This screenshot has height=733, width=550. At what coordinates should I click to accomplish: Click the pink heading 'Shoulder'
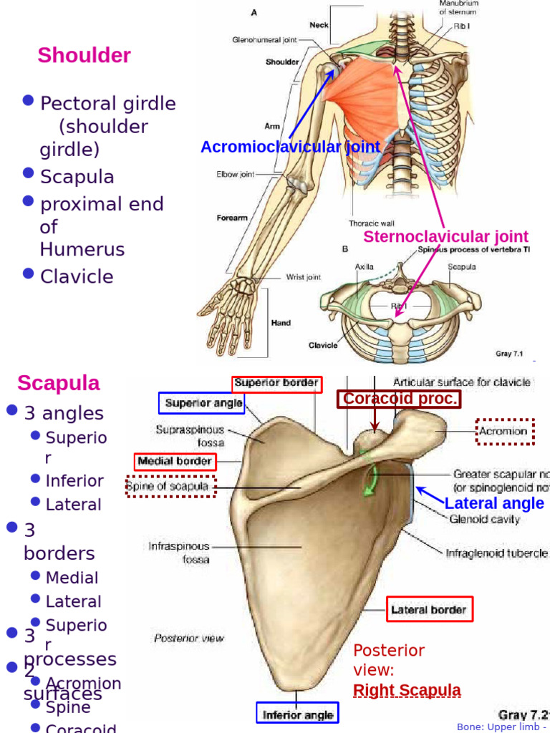84,55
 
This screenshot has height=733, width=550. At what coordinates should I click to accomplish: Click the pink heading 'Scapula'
59,383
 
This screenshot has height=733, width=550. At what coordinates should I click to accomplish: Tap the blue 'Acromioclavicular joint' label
290,147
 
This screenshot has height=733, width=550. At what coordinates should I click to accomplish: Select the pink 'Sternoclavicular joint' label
445,236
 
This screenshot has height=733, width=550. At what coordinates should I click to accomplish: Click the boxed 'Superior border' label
276,383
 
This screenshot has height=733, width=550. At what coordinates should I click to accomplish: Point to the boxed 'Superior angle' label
201,403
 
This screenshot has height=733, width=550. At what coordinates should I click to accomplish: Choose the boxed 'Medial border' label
174,462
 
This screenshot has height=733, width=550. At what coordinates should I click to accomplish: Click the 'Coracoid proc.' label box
400,399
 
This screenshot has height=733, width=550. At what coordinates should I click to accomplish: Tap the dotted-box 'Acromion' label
505,432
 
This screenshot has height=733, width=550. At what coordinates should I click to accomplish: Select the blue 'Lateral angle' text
494,503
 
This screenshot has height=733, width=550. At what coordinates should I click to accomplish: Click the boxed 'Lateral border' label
429,611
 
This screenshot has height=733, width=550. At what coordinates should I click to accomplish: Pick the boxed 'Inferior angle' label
298,714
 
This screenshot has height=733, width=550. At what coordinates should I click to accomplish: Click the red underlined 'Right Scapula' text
407,691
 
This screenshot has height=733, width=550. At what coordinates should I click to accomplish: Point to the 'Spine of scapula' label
169,487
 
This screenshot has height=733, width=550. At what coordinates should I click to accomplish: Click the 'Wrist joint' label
304,278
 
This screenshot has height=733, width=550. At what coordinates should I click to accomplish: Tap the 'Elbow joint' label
236,174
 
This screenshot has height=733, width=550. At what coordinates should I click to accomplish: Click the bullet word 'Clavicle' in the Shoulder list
77,276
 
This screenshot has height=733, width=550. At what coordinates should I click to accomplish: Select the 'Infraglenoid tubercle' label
496,553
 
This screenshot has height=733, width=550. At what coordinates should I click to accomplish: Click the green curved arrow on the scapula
372,481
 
